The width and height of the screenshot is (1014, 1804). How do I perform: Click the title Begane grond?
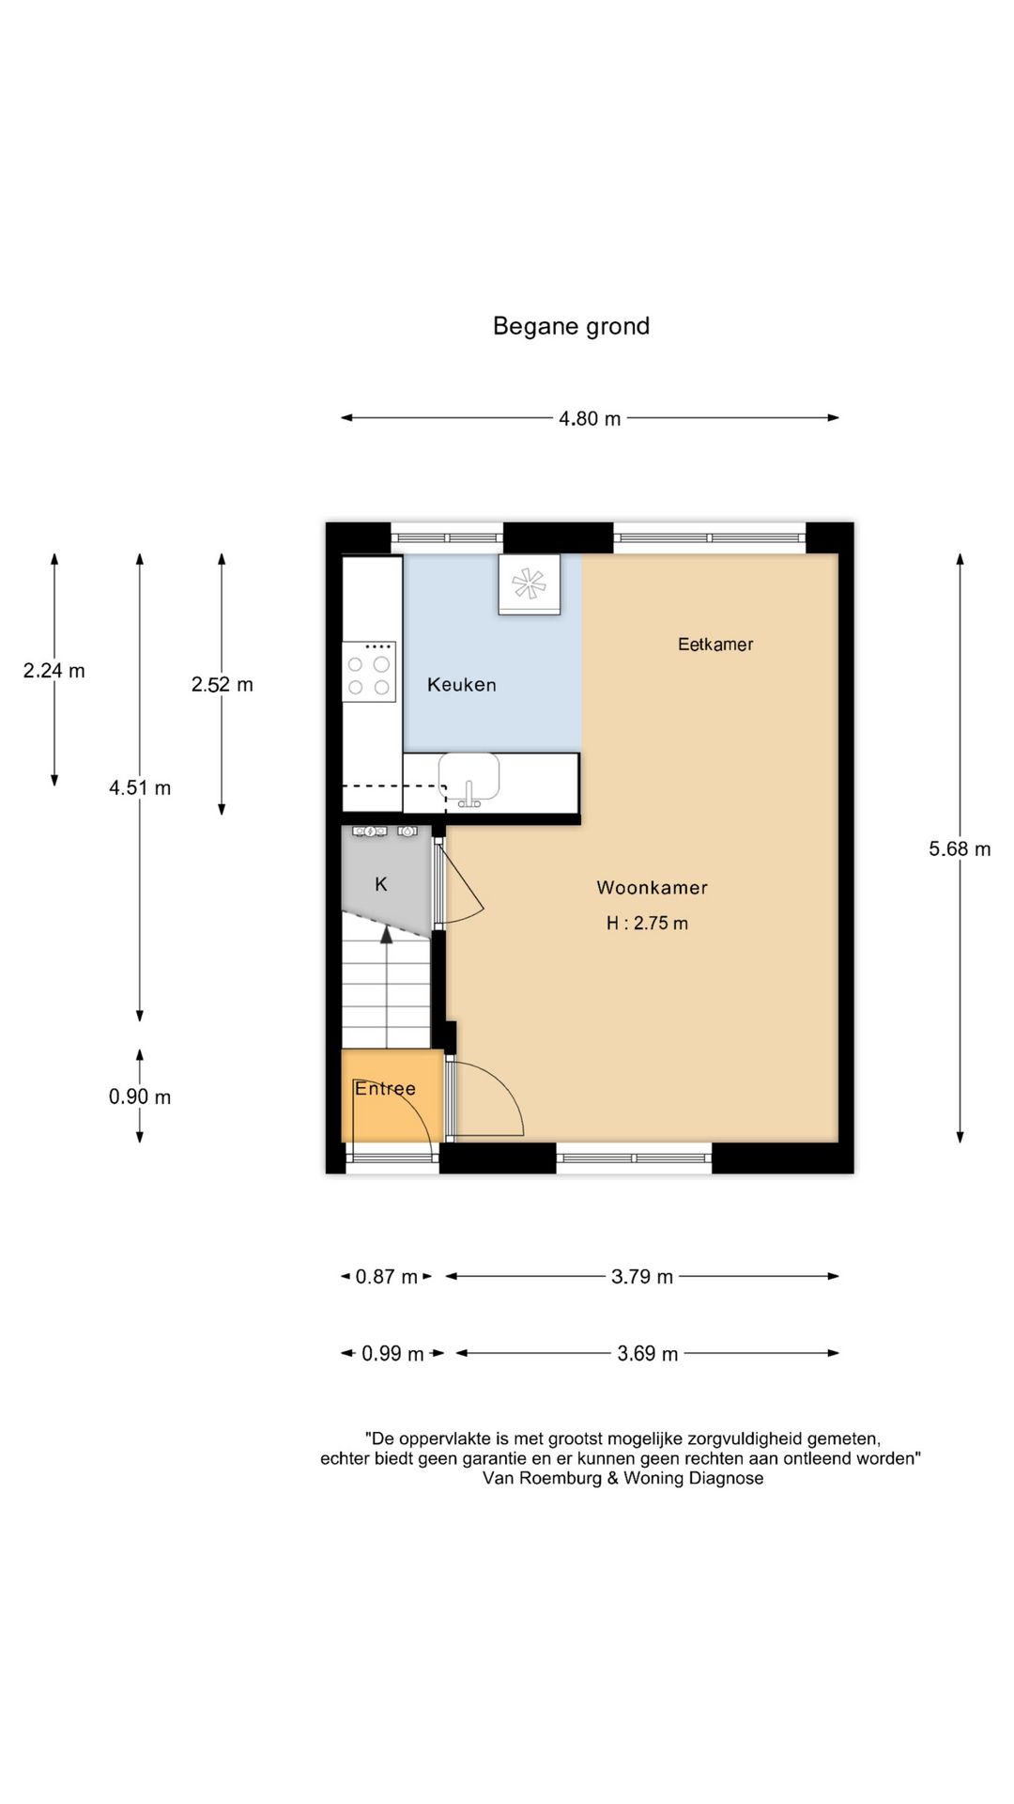[x=571, y=326]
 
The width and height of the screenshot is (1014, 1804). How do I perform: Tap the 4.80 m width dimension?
[x=590, y=418]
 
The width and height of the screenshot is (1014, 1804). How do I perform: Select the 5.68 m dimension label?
[x=959, y=848]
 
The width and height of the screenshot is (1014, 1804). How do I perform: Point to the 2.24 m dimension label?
[x=54, y=670]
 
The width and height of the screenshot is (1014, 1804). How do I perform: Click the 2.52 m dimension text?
[x=222, y=684]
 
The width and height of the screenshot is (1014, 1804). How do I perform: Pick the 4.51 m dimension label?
[x=140, y=787]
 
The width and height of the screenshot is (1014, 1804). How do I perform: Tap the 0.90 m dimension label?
[x=140, y=1096]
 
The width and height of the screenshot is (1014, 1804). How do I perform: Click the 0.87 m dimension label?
[x=386, y=1276]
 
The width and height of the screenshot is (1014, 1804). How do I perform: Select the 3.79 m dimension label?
[x=642, y=1276]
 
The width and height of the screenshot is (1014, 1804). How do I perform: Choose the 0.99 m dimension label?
[x=392, y=1353]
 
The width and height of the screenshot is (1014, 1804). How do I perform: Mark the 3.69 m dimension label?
[x=647, y=1353]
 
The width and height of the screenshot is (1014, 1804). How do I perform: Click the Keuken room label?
[x=461, y=684]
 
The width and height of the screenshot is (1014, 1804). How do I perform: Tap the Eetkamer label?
[x=715, y=644]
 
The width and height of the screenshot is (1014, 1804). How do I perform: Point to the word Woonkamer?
[x=652, y=887]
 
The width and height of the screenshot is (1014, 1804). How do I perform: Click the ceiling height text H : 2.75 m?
[x=647, y=923]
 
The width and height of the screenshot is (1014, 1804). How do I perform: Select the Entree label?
[x=385, y=1088]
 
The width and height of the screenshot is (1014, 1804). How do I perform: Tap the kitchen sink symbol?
[x=469, y=780]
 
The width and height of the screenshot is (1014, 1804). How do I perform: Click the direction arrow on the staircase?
[x=386, y=933]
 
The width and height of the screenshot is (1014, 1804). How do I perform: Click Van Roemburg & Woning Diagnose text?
[x=622, y=1478]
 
